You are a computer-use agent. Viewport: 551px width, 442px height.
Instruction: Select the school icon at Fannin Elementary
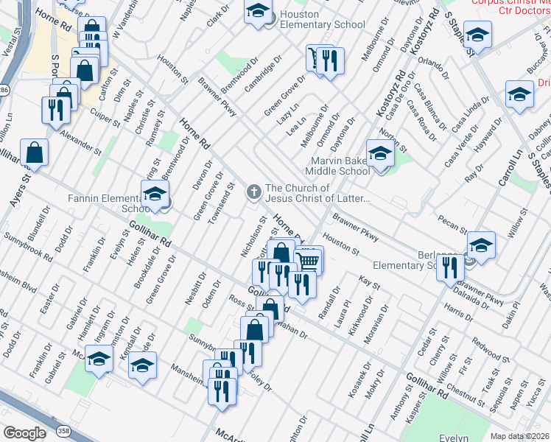tap(155, 194)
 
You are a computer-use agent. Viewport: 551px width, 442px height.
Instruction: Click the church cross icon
tap(253, 192)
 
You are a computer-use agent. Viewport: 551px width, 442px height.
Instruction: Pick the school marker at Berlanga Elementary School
tap(481, 245)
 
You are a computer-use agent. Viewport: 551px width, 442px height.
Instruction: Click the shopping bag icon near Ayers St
tap(35, 152)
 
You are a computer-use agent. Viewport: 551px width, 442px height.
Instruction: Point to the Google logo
tap(24, 432)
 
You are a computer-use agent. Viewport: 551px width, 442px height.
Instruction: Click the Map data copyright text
tap(519, 436)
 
